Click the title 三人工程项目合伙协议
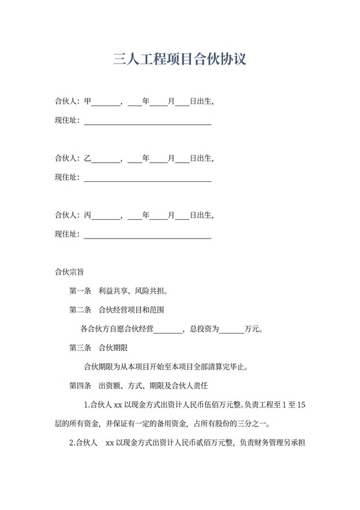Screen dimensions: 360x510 point(179,60)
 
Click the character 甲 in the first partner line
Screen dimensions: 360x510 point(88,101)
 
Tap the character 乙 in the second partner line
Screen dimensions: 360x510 point(88,158)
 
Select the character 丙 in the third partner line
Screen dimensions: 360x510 point(88,215)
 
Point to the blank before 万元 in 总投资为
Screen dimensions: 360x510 point(232,329)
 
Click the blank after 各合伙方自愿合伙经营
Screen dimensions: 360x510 point(168,329)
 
